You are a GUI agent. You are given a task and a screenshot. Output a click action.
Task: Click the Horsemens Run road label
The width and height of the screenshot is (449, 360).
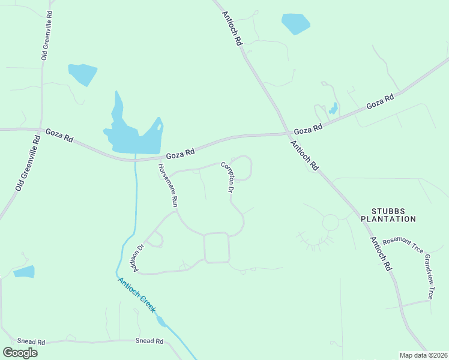pyautogui.click(x=167, y=185)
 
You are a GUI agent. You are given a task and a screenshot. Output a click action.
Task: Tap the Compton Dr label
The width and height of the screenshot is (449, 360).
pyautogui.click(x=227, y=176)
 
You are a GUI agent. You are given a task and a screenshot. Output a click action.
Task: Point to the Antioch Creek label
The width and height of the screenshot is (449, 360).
pyautogui.click(x=137, y=295)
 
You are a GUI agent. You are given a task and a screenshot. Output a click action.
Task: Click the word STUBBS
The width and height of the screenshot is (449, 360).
pyautogui.click(x=393, y=211)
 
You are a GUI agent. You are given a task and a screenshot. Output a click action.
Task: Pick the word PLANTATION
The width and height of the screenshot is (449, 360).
pyautogui.click(x=388, y=219)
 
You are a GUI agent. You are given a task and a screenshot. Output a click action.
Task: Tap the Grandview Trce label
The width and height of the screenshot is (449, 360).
pyautogui.click(x=429, y=276)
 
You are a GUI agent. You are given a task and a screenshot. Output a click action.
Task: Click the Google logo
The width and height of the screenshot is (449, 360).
pyautogui.click(x=20, y=353)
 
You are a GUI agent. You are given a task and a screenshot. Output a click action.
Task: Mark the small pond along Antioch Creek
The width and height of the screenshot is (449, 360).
pyautogui.click(x=161, y=322)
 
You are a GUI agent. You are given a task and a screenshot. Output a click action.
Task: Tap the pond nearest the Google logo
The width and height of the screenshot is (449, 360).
pyautogui.click(x=24, y=272)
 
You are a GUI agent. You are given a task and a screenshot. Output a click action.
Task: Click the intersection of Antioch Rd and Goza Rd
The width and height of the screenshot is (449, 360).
pyautogui.click(x=286, y=134)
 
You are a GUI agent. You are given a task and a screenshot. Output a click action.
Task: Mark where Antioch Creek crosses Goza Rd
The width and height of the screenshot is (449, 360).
pyautogui.click(x=136, y=160)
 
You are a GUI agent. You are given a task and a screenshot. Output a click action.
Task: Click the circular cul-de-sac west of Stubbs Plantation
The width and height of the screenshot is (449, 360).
pyautogui.click(x=330, y=223)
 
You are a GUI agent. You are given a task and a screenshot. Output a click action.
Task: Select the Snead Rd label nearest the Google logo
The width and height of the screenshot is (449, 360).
pyautogui.click(x=31, y=342)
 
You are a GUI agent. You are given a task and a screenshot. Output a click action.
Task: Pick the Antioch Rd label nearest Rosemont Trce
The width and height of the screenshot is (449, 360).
pyautogui.click(x=381, y=253)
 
